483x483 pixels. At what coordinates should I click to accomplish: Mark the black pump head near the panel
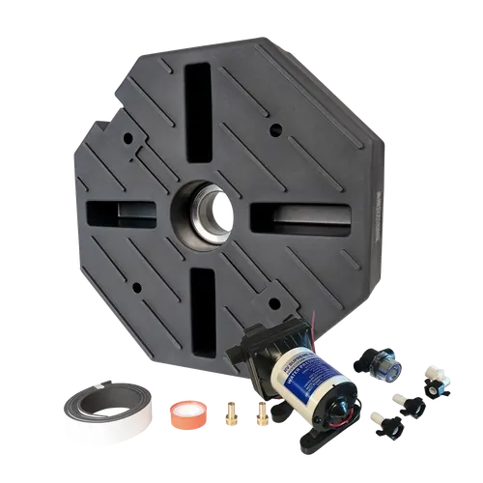pyautogui.click(x=253, y=353)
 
